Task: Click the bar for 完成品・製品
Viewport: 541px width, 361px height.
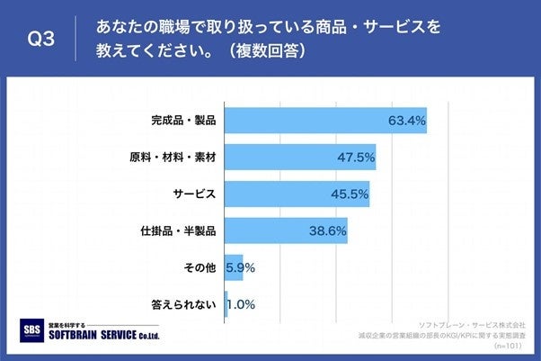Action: click(x=324, y=119)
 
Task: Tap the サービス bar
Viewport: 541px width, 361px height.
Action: click(x=297, y=194)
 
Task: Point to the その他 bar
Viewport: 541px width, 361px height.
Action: click(x=233, y=267)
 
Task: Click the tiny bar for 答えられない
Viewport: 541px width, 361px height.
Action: click(x=226, y=304)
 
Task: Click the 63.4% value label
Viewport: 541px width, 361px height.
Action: click(x=407, y=119)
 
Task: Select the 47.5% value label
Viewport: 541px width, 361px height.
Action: click(x=356, y=157)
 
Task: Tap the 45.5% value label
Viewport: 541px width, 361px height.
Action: click(x=350, y=194)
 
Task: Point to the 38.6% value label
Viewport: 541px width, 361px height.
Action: click(x=328, y=230)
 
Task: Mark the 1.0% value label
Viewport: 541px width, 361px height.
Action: click(x=241, y=304)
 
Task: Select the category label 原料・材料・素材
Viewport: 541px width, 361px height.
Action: click(x=174, y=157)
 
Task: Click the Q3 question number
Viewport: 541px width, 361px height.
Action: click(x=43, y=39)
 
